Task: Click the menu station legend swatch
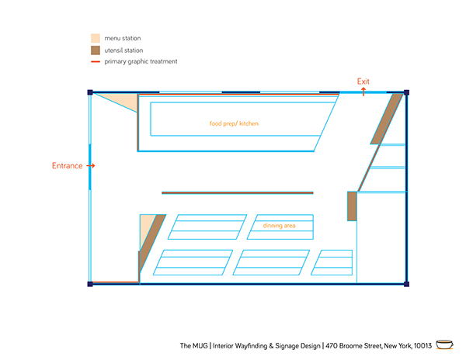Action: pyautogui.click(x=96, y=38)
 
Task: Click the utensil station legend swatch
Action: pyautogui.click(x=96, y=50)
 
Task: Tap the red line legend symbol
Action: pyautogui.click(x=96, y=62)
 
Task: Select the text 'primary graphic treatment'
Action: pyautogui.click(x=141, y=61)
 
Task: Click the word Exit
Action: pyautogui.click(x=363, y=81)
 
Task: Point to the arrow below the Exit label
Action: pyautogui.click(x=363, y=92)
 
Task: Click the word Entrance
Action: pyautogui.click(x=67, y=165)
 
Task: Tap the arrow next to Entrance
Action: pyautogui.click(x=91, y=165)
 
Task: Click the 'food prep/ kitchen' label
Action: pyautogui.click(x=234, y=123)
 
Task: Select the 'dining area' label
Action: pyautogui.click(x=279, y=226)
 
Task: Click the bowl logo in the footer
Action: pyautogui.click(x=444, y=344)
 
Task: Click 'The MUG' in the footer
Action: pyautogui.click(x=193, y=346)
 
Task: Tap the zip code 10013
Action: pyautogui.click(x=423, y=346)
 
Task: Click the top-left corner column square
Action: pyautogui.click(x=90, y=92)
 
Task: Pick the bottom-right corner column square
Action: pyautogui.click(x=406, y=284)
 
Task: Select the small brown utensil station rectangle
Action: pyautogui.click(x=352, y=206)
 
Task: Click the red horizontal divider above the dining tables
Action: pyautogui.click(x=238, y=193)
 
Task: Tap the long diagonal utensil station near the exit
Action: pyautogui.click(x=387, y=119)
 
